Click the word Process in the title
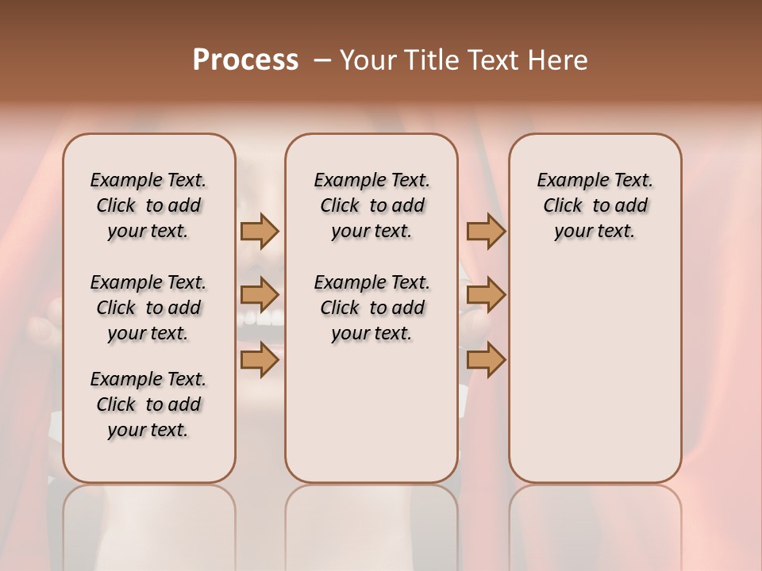(245, 60)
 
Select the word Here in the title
(558, 60)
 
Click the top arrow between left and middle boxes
(260, 232)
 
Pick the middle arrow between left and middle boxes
(260, 296)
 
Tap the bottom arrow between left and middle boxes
(260, 361)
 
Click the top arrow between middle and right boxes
(486, 232)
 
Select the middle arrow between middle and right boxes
(486, 296)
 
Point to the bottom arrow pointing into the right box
(486, 361)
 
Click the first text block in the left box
(148, 205)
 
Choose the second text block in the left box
(148, 308)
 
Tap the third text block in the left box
(148, 404)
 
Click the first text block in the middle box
(372, 205)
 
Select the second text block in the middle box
(372, 308)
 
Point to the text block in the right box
(595, 205)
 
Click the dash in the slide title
(322, 60)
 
